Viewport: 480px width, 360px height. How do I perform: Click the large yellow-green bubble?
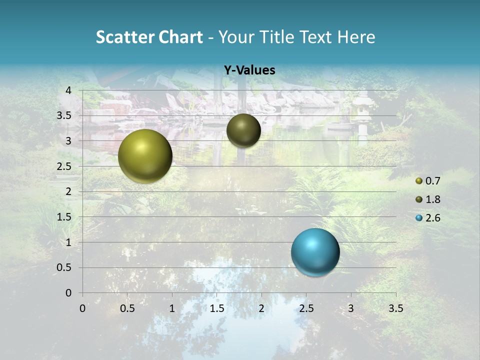[145, 156]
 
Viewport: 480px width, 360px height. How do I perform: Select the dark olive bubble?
[243, 130]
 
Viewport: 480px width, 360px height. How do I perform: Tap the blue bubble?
[315, 252]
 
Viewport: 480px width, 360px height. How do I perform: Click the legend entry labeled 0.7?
[428, 181]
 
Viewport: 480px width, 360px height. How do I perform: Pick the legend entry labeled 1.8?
[428, 199]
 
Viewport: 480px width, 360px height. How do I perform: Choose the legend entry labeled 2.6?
[428, 218]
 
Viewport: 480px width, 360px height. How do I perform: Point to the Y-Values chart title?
[249, 70]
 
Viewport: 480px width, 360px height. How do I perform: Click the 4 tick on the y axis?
[69, 90]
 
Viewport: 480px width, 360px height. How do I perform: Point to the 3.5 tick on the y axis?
[65, 115]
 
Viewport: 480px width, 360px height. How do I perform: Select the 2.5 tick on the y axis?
[65, 166]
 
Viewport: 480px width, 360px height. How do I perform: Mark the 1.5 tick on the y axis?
[65, 217]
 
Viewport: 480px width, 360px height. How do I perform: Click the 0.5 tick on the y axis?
[65, 267]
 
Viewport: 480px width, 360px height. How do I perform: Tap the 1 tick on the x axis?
[172, 308]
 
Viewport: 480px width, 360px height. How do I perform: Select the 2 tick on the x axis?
[261, 308]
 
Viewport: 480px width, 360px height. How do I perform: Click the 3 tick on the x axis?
[351, 308]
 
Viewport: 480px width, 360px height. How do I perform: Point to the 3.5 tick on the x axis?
[395, 308]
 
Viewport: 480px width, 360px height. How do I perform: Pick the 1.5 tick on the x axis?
[216, 308]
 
